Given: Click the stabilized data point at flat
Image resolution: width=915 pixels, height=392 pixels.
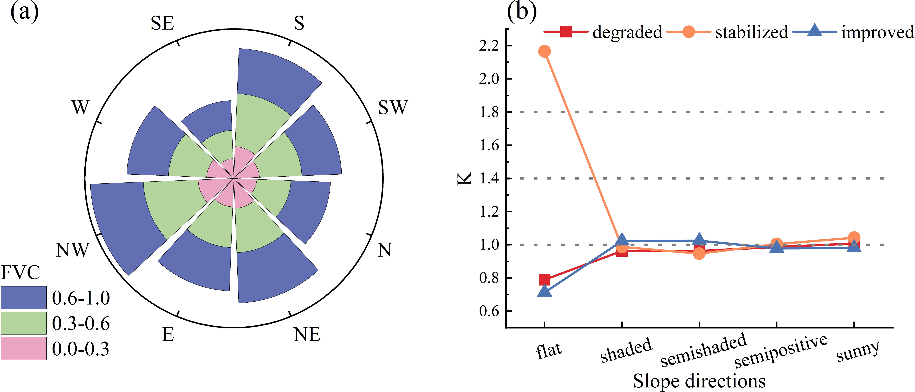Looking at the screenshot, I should (544, 52).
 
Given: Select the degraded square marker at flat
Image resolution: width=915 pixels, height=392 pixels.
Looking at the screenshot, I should (544, 280).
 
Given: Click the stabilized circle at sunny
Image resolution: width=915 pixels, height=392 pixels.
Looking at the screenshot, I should (854, 238).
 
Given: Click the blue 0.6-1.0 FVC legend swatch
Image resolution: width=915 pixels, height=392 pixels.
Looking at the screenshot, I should (23, 297).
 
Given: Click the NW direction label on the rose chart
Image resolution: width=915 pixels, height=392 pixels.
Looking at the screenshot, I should (72, 250).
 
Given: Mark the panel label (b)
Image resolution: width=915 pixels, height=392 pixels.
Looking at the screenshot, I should (521, 12).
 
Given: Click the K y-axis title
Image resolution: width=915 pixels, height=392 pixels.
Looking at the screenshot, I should (464, 178).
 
